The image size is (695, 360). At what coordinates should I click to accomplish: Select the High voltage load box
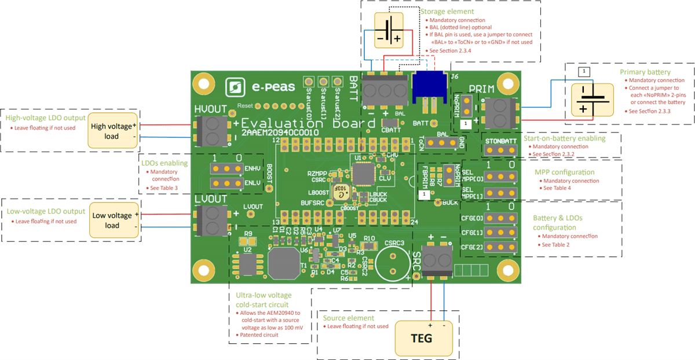pyautogui.click(x=113, y=131)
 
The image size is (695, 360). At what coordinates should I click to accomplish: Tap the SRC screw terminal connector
pyautogui.click(x=436, y=256)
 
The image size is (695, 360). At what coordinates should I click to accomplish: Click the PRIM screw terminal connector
pyautogui.click(x=498, y=113)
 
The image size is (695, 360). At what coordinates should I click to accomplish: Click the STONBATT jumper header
pyautogui.click(x=500, y=149)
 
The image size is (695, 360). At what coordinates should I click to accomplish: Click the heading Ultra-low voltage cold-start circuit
pyautogui.click(x=270, y=299)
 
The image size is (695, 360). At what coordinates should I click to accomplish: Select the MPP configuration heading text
pyautogui.click(x=564, y=172)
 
